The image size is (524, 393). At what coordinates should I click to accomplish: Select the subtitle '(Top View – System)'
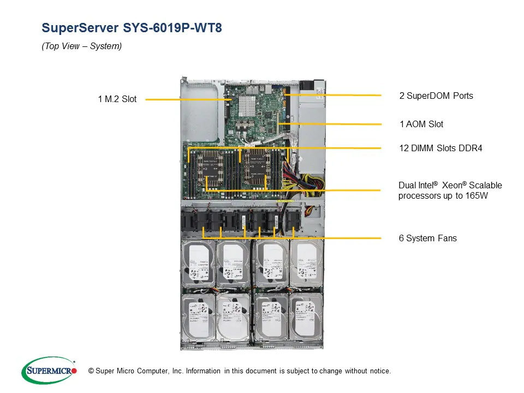[82, 46]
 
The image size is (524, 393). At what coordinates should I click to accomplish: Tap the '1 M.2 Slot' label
[117, 99]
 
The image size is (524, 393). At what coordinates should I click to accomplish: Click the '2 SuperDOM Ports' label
[436, 96]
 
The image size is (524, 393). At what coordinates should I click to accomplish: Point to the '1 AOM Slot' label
[421, 124]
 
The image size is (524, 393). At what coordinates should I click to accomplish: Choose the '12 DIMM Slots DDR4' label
[441, 148]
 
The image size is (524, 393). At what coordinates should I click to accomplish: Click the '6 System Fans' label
[428, 239]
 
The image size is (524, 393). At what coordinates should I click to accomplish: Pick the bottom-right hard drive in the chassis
[306, 319]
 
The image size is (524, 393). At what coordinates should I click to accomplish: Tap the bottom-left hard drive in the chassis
[198, 319]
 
